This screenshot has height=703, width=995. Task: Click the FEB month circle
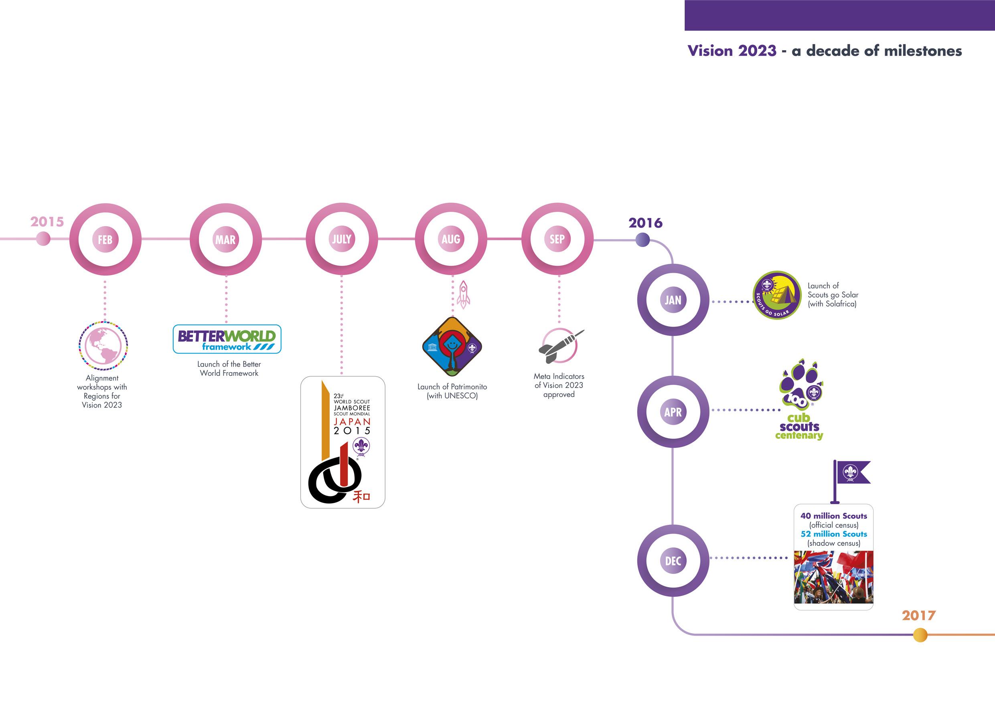(x=105, y=239)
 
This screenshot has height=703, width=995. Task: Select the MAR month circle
(x=226, y=239)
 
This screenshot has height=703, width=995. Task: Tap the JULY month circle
(x=341, y=239)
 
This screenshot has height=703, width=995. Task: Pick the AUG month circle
(x=451, y=239)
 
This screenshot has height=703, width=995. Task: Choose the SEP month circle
(x=557, y=239)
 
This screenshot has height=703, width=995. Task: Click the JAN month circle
(x=673, y=300)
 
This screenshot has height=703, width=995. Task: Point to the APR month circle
(x=673, y=412)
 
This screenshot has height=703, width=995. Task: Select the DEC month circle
(x=673, y=561)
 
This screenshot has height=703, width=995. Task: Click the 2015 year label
(x=47, y=222)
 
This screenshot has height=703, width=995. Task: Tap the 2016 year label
(x=645, y=223)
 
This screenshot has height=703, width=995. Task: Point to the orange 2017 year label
(x=919, y=616)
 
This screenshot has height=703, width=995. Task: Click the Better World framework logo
(x=227, y=339)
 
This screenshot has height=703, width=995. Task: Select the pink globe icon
(x=103, y=345)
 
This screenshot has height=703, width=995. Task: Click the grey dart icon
(x=559, y=347)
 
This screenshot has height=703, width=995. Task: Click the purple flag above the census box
(x=851, y=473)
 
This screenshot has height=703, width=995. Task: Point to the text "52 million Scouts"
(x=833, y=534)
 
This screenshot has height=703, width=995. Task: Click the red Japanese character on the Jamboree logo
(x=361, y=496)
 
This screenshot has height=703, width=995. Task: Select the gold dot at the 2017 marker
(x=920, y=635)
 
